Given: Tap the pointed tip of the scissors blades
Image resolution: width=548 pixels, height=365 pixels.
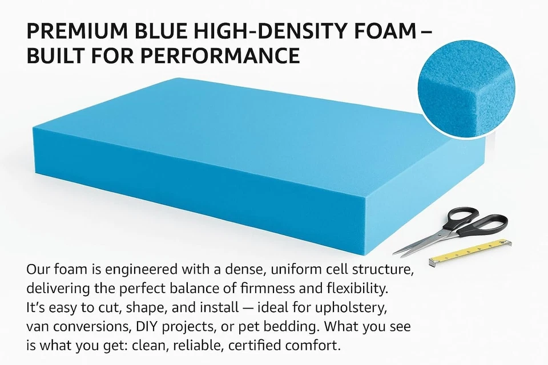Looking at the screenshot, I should coord(396,254).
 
